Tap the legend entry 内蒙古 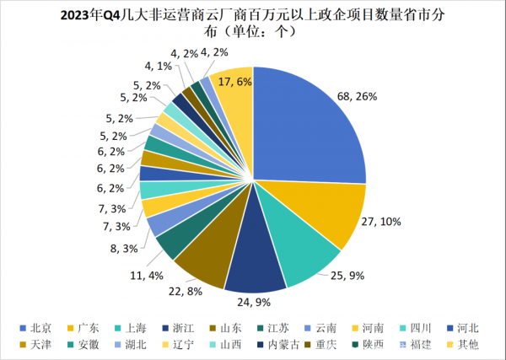coord(281,344)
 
